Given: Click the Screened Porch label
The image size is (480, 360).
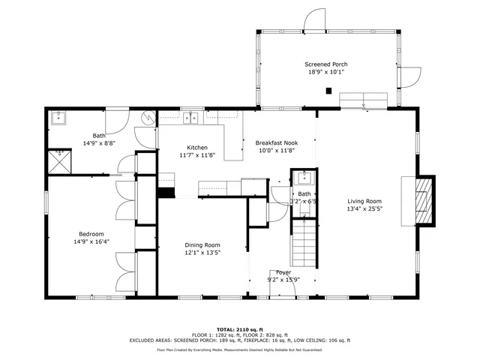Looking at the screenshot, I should pyautogui.click(x=325, y=64).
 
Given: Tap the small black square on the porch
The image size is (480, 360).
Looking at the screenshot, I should pyautogui.click(x=328, y=91).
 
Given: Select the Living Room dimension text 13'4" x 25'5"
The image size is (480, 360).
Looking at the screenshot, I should pyautogui.click(x=364, y=210).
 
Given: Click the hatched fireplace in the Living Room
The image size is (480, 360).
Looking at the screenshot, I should pyautogui.click(x=425, y=201).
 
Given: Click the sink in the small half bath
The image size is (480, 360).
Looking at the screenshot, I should pyautogui.click(x=304, y=178).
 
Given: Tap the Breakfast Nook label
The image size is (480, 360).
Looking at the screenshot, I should pyautogui.click(x=276, y=142).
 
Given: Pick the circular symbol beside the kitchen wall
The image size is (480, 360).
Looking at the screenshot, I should pyautogui.click(x=148, y=117).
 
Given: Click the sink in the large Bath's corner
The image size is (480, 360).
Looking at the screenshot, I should pyautogui.click(x=58, y=117).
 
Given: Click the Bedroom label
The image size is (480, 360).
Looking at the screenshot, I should pyautogui.click(x=91, y=234).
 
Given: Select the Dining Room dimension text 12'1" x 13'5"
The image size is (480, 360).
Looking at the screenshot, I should pyautogui.click(x=202, y=253).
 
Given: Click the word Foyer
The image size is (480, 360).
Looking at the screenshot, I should pyautogui.click(x=283, y=272).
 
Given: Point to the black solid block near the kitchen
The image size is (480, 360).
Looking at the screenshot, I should pyautogui.click(x=164, y=192).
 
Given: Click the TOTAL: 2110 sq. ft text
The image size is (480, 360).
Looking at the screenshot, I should pyautogui.click(x=239, y=329).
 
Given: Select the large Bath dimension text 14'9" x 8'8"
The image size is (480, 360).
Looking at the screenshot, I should pyautogui.click(x=99, y=142).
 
